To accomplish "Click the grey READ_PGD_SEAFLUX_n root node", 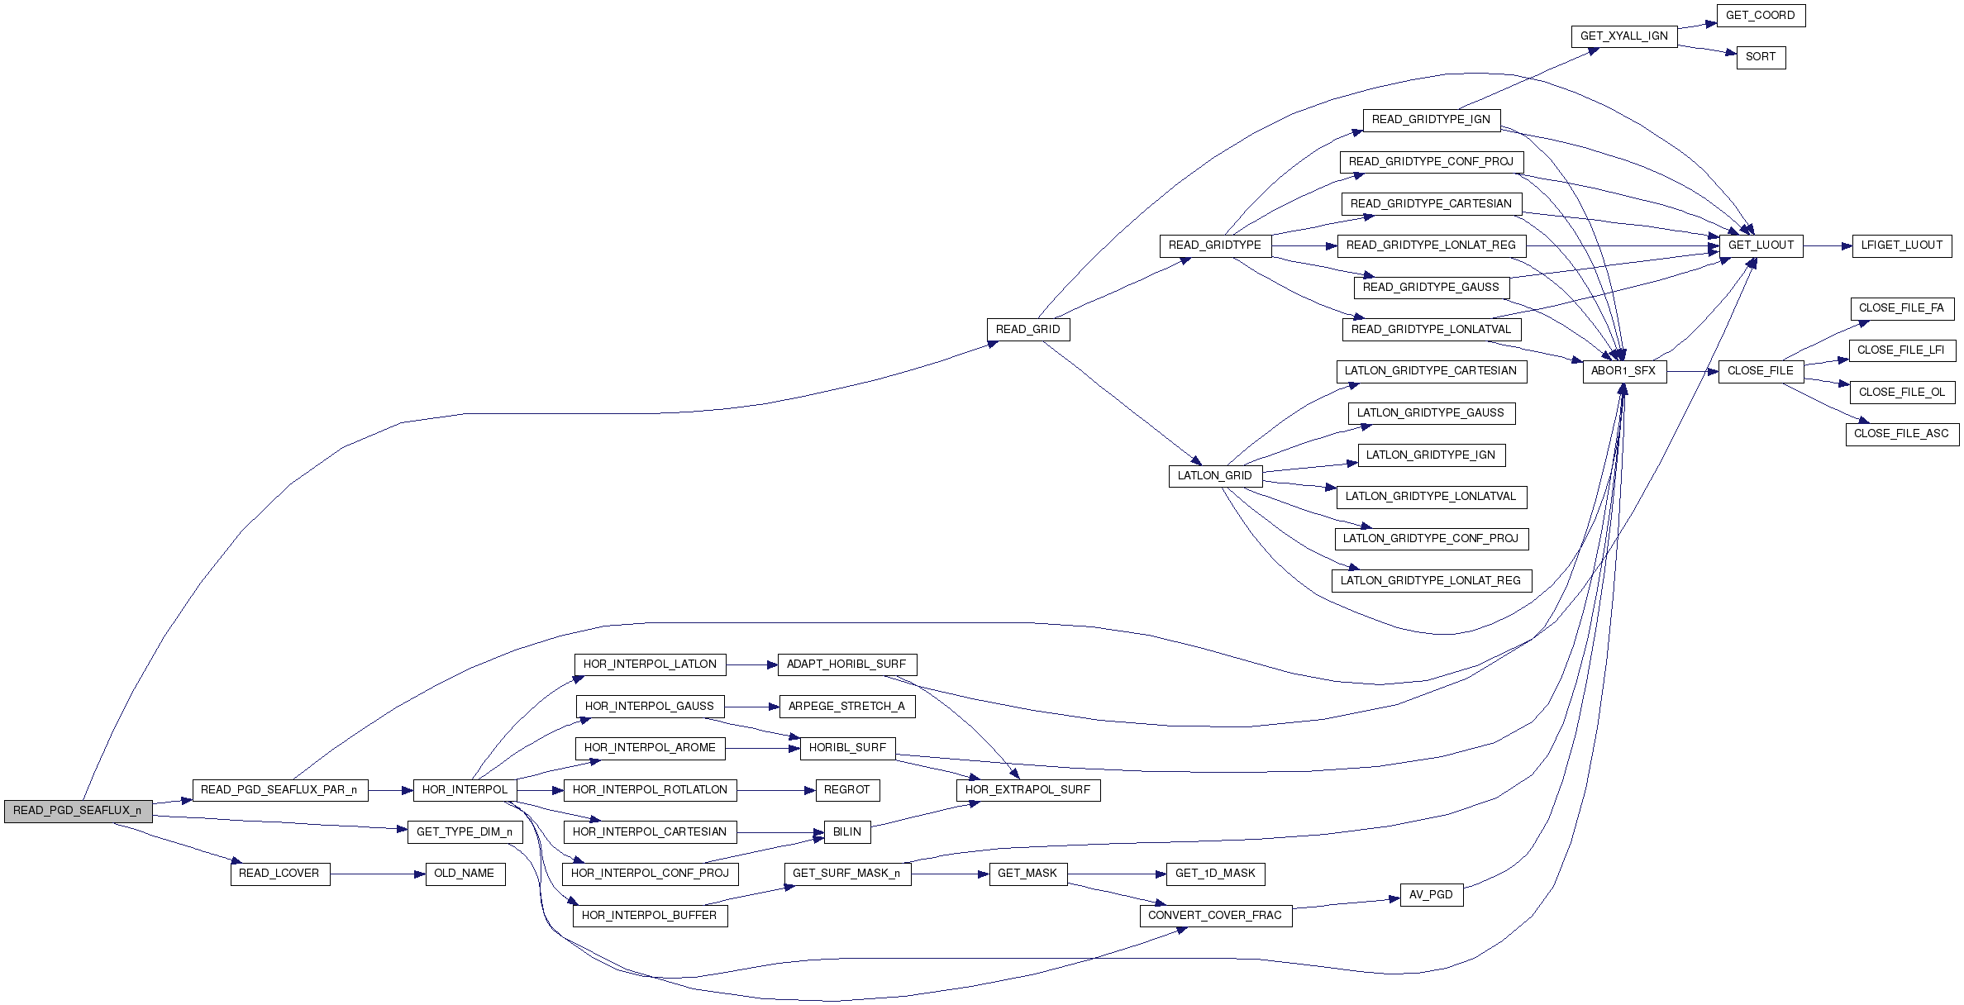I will tap(77, 811).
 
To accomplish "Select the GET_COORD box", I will tap(1760, 16).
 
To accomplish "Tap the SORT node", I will tap(1761, 57).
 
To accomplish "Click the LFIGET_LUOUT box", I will tap(1901, 245).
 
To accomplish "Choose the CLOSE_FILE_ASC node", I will tap(1901, 434).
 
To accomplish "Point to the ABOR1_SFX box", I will tap(1623, 371).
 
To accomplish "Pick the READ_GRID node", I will tap(1027, 330).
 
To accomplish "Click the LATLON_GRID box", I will tap(1214, 476).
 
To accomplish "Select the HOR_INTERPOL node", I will tap(465, 790).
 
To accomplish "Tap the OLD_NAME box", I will tap(464, 874).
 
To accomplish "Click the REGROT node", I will tap(846, 790).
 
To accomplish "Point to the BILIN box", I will tap(846, 832).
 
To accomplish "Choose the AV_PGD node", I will tap(1431, 895).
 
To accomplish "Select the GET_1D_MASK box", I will tap(1214, 874).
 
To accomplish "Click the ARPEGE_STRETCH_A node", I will tap(846, 707).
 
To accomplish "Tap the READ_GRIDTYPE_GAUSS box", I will tap(1430, 288).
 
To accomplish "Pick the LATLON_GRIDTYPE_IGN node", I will tap(1430, 455).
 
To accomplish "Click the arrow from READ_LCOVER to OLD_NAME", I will tap(378, 874).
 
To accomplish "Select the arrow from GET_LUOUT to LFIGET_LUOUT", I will tap(1827, 245).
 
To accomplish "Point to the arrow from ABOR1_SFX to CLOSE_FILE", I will tap(1692, 371).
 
